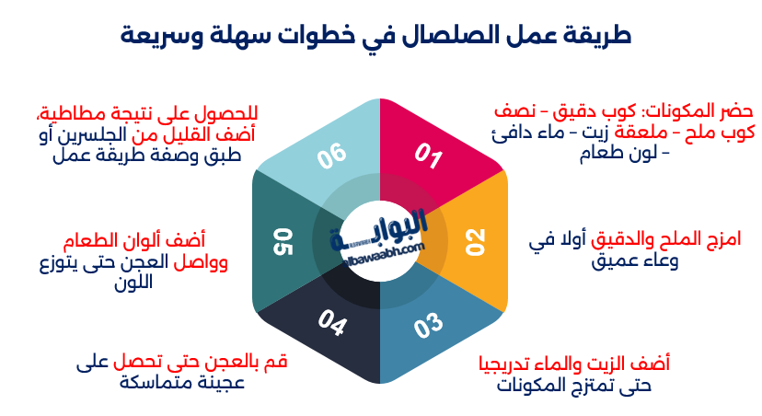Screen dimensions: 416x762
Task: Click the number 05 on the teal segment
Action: tap(282, 241)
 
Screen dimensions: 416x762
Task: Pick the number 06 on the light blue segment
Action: tap(331, 157)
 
